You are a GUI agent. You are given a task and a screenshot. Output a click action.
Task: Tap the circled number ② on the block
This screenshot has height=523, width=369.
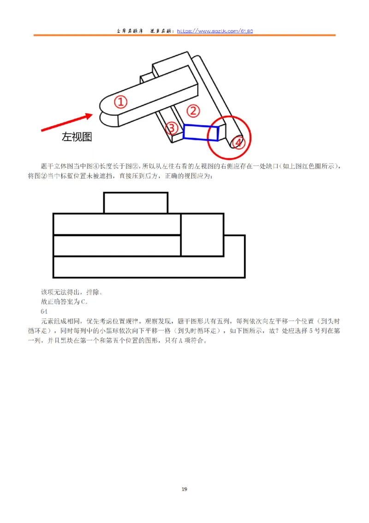[193, 110]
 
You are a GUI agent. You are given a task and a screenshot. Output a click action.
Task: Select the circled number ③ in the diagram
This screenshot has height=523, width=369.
[172, 128]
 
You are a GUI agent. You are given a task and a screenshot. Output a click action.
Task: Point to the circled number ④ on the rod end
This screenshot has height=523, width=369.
[238, 143]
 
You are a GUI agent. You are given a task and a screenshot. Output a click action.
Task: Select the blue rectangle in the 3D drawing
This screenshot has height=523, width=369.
[201, 132]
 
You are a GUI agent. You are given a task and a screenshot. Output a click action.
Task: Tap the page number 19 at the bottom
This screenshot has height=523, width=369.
[184, 489]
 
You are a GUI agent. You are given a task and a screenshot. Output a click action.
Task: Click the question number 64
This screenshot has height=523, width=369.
[45, 311]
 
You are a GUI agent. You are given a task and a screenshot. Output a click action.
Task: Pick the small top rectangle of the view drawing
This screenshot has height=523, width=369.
[136, 203]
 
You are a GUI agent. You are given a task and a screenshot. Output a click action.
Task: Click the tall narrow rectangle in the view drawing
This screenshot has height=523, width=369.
[202, 235]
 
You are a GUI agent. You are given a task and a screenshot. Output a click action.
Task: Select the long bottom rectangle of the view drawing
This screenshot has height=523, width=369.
[149, 267]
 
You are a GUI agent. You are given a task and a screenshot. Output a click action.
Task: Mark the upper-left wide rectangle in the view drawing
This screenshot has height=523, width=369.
[117, 224]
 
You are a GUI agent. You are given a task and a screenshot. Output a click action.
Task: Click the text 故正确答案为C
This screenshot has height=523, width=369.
[64, 302]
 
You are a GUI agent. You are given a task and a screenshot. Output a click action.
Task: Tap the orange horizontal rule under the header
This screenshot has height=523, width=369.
[184, 36]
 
